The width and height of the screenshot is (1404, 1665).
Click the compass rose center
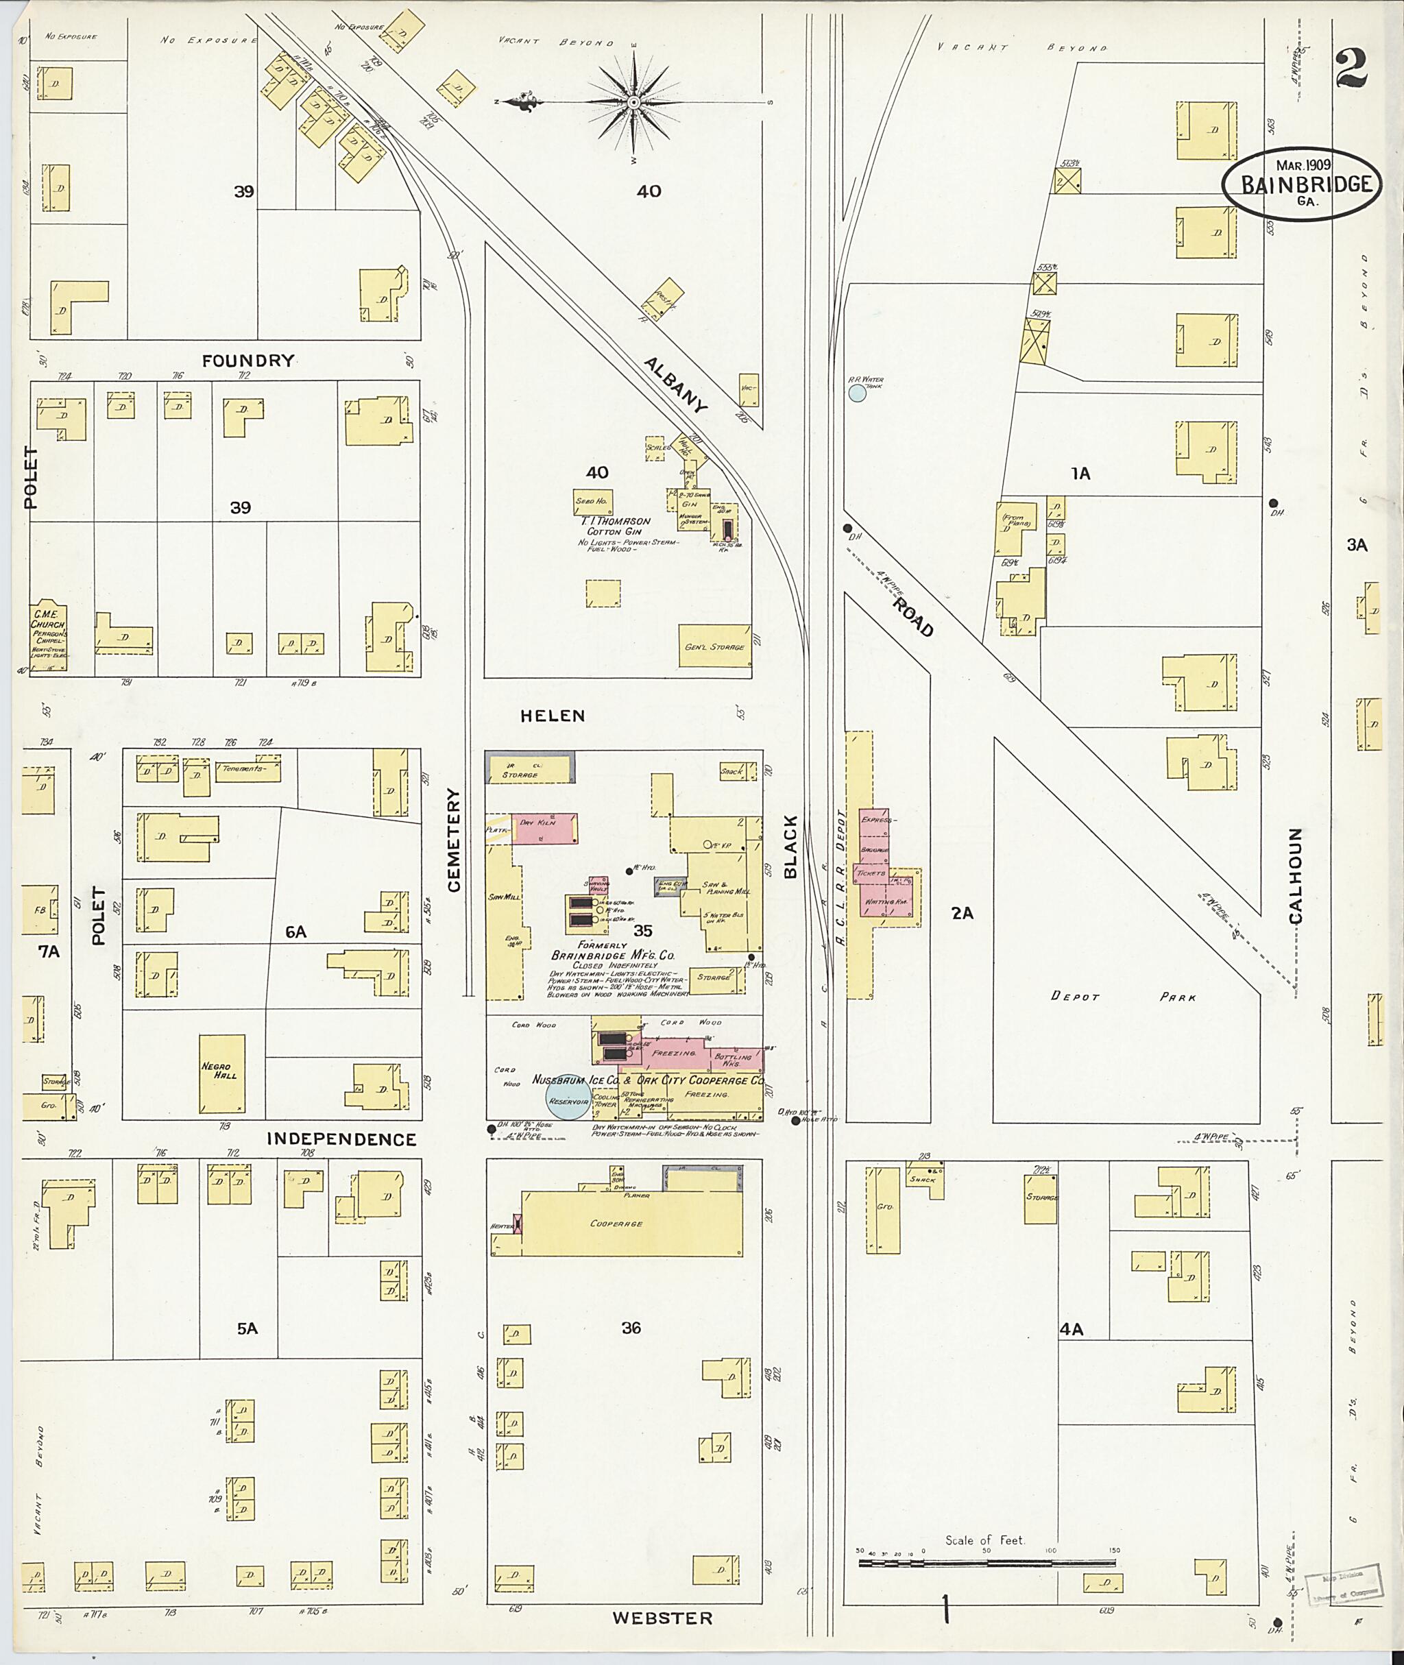pos(633,103)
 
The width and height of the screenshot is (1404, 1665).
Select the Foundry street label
pos(247,361)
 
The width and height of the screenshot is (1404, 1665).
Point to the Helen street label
pos(553,716)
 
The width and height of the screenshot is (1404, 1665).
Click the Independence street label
pos(341,1139)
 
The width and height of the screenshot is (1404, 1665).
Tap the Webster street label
pos(662,1617)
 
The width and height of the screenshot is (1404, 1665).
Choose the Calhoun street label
pos(1296,875)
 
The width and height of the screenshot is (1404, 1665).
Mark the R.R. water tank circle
pos(856,393)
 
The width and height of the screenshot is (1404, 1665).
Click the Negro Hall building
pos(221,1073)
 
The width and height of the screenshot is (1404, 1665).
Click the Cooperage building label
pos(618,1224)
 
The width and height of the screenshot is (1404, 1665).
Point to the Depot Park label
pos(1122,997)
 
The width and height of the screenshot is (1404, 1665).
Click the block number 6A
pos(296,931)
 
